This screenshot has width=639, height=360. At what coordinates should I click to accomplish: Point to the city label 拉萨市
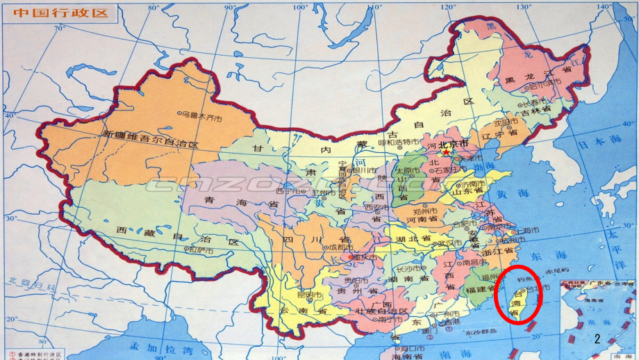pos(201,249)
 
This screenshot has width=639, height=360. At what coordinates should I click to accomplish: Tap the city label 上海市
pos(503,230)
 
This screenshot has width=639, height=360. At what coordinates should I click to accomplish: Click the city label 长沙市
pos(408,268)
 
